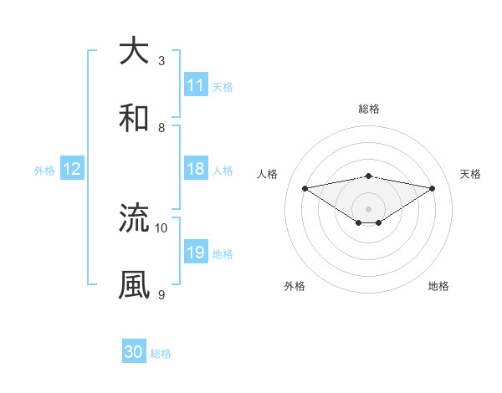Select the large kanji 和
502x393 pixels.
pos(134,118)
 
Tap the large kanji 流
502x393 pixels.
pos(134,218)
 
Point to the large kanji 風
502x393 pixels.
pos(134,284)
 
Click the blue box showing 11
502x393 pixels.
pos(196,85)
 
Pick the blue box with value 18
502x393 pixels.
pos(196,169)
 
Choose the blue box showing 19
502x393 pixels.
pos(196,253)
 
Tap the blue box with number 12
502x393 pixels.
pos(72,169)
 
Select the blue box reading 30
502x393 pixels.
pos(134,352)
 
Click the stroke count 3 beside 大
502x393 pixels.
pos(161,61)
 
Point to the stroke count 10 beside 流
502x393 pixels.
pos(161,227)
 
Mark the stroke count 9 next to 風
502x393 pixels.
pos(161,294)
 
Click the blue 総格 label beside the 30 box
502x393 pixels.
pos(161,354)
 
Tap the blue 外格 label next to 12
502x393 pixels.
pos(44,170)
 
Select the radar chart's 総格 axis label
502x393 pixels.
pos(369,109)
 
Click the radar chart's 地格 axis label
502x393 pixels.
pos(438,286)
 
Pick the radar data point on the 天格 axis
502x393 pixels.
pos(433,188)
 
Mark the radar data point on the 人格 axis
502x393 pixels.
pos(305,188)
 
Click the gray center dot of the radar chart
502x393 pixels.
pos(369,208)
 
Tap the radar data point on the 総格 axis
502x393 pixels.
pos(369,176)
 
